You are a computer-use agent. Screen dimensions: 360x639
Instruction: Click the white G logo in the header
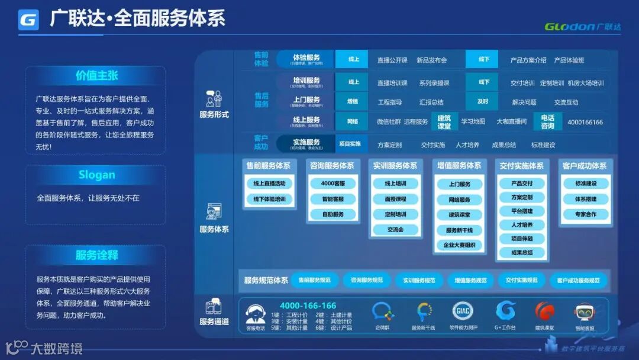coord(28,20)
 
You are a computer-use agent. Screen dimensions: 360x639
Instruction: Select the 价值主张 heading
coord(96,76)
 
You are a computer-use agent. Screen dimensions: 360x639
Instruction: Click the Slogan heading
coord(96,175)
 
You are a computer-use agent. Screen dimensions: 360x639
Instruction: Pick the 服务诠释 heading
coord(96,255)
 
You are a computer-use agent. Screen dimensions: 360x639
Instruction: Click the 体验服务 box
coord(306,59)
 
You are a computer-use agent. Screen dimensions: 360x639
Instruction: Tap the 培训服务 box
coord(306,82)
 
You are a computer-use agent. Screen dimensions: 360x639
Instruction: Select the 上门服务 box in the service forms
coord(306,102)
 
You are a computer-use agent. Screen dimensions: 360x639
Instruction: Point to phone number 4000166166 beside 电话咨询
coord(585,122)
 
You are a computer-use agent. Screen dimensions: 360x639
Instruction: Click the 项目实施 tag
coord(349,144)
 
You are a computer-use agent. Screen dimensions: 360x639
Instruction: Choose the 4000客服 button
coord(333,184)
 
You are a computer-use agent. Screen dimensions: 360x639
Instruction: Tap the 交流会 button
coord(395,229)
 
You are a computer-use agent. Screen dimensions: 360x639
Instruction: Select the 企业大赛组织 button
coord(459,245)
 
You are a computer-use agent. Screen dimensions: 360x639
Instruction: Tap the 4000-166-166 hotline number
coord(308,306)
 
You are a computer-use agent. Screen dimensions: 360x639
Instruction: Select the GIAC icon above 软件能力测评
coord(462,311)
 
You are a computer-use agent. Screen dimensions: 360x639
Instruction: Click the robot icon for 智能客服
coord(585,312)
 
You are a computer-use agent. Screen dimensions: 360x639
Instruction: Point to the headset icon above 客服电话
coord(256,312)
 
